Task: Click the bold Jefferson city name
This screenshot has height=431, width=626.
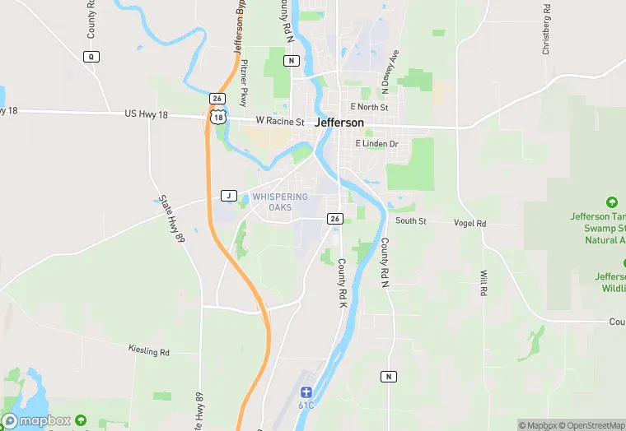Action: [339, 123]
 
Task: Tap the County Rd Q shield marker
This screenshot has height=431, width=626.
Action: [91, 56]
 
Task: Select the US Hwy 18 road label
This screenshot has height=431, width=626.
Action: [146, 114]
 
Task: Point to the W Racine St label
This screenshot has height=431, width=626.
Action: [280, 120]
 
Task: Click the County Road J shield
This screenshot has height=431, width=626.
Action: [229, 196]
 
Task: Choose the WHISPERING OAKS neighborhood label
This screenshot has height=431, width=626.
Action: [280, 202]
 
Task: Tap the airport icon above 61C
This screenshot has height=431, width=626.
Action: [306, 392]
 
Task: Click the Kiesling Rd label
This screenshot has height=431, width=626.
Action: [148, 351]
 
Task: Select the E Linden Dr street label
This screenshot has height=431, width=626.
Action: [376, 144]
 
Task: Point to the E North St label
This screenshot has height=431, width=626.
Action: [368, 107]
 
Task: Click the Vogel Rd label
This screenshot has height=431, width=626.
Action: [469, 223]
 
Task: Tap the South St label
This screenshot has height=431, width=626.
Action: [410, 220]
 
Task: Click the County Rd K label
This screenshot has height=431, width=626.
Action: [341, 284]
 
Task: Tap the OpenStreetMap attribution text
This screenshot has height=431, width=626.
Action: [591, 425]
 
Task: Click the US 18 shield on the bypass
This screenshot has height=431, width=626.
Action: [217, 117]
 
